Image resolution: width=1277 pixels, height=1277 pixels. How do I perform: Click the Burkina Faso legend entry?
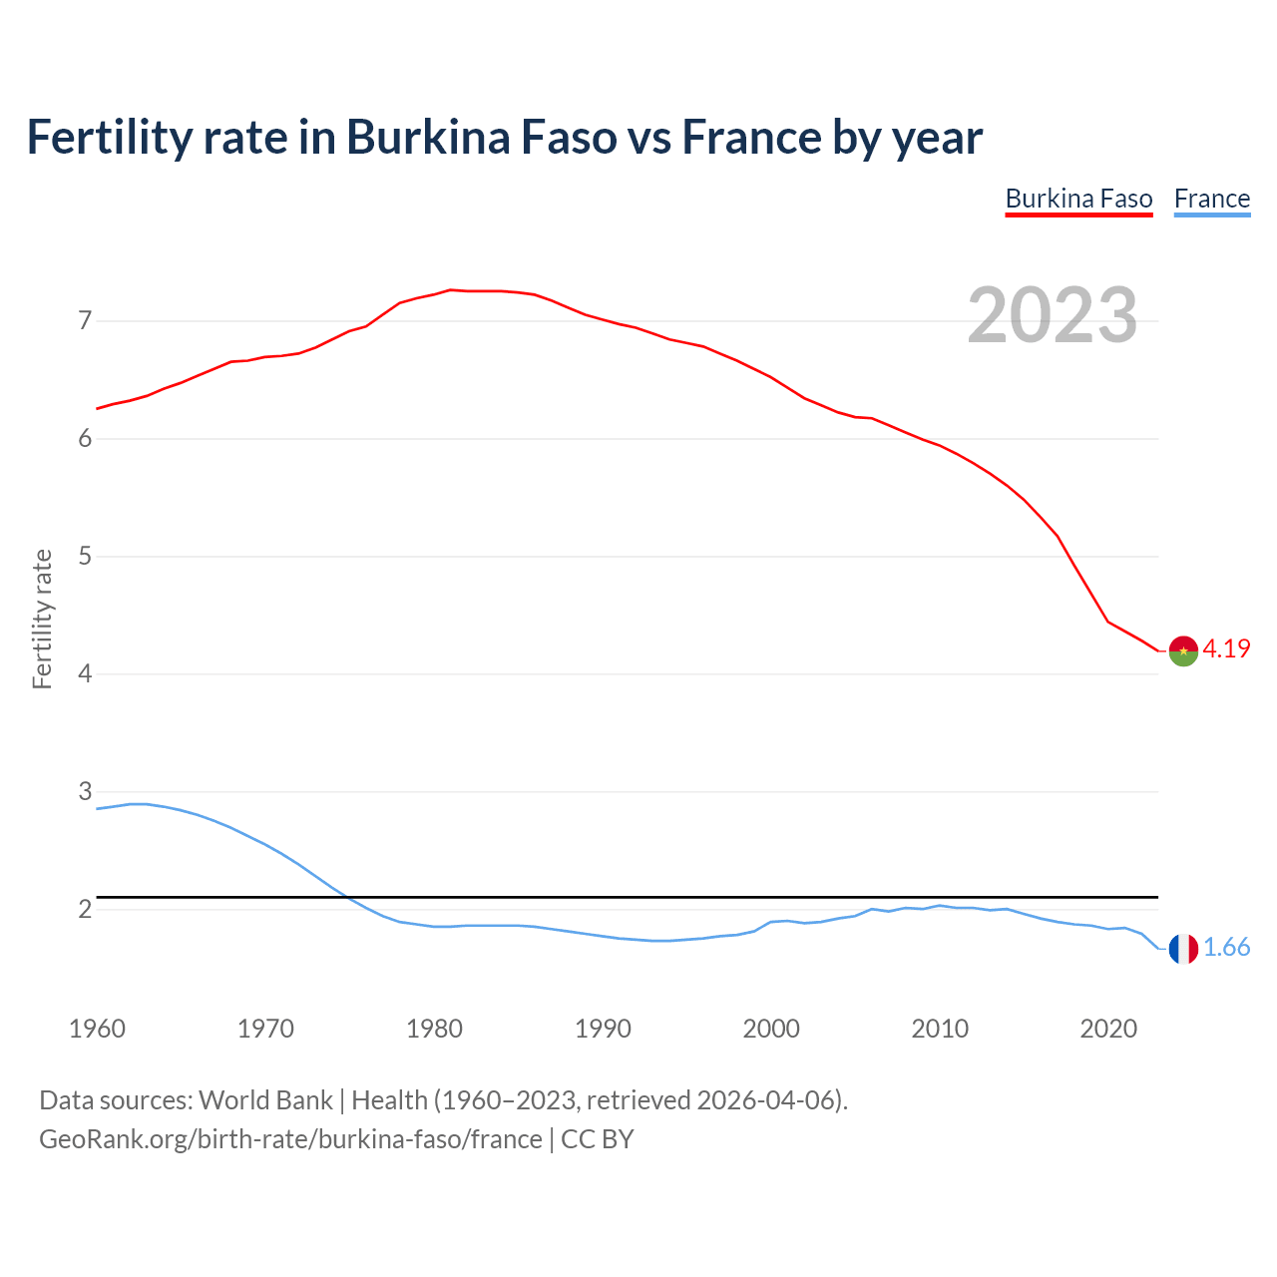tap(1078, 199)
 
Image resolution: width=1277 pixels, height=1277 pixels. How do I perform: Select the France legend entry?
tap(1211, 199)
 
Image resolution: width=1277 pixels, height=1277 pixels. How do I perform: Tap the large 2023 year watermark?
tap(1052, 315)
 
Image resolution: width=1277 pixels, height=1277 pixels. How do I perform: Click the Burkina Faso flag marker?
tap(1183, 650)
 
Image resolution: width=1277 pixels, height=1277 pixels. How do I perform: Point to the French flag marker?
tap(1183, 949)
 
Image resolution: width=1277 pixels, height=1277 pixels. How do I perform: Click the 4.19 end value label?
tap(1226, 648)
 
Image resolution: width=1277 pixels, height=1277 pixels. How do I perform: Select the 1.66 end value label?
tap(1226, 948)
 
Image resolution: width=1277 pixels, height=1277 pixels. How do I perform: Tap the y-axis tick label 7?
tap(85, 320)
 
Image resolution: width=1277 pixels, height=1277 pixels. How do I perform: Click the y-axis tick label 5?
tap(85, 556)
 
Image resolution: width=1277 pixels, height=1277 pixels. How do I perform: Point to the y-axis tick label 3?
tap(85, 791)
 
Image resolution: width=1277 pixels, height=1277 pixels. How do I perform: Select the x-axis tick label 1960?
tap(97, 1029)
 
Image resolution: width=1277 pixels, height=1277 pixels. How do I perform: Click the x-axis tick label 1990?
tap(603, 1029)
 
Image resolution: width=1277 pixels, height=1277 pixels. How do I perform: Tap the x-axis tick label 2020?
tap(1108, 1029)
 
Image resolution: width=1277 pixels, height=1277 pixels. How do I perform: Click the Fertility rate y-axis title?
tap(42, 619)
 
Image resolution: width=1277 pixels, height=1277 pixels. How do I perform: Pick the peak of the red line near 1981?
tap(450, 290)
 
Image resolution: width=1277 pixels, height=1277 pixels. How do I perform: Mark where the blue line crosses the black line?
tap(345, 897)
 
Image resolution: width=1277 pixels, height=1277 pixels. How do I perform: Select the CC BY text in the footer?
tap(597, 1139)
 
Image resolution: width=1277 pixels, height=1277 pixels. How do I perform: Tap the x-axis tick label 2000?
tap(771, 1029)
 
